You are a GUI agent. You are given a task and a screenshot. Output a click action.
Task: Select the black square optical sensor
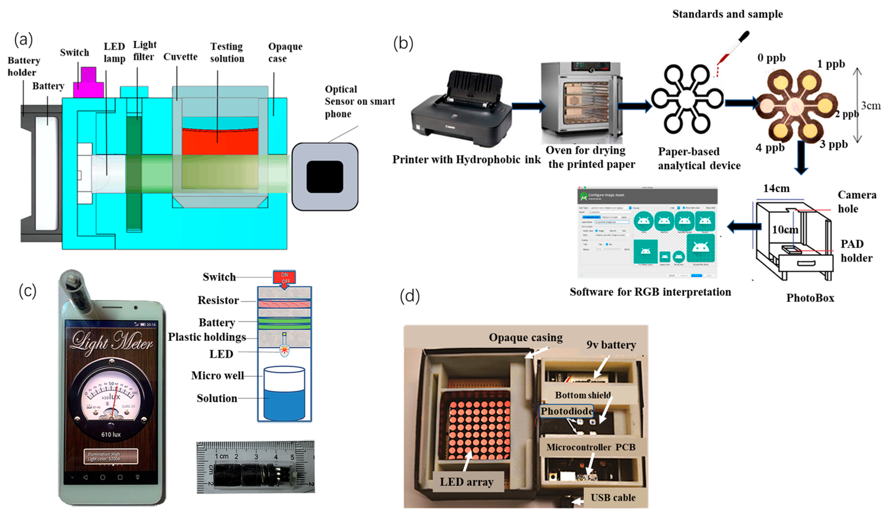324,177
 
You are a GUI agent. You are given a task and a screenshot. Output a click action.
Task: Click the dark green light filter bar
134,174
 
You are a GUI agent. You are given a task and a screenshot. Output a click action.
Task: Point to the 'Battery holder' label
24,66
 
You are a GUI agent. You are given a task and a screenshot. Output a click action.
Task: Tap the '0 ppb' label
771,58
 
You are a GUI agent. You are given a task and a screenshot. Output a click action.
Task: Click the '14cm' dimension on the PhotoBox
776,189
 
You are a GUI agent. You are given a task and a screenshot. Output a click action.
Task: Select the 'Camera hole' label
856,202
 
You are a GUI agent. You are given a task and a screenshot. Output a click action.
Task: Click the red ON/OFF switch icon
284,278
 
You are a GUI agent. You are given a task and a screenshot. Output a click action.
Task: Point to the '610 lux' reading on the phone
111,434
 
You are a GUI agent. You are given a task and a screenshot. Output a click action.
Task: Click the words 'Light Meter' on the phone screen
111,342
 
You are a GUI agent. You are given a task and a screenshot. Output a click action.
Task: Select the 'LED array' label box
467,482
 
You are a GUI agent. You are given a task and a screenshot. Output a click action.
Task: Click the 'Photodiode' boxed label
566,411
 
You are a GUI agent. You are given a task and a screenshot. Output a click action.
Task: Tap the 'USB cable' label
613,498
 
